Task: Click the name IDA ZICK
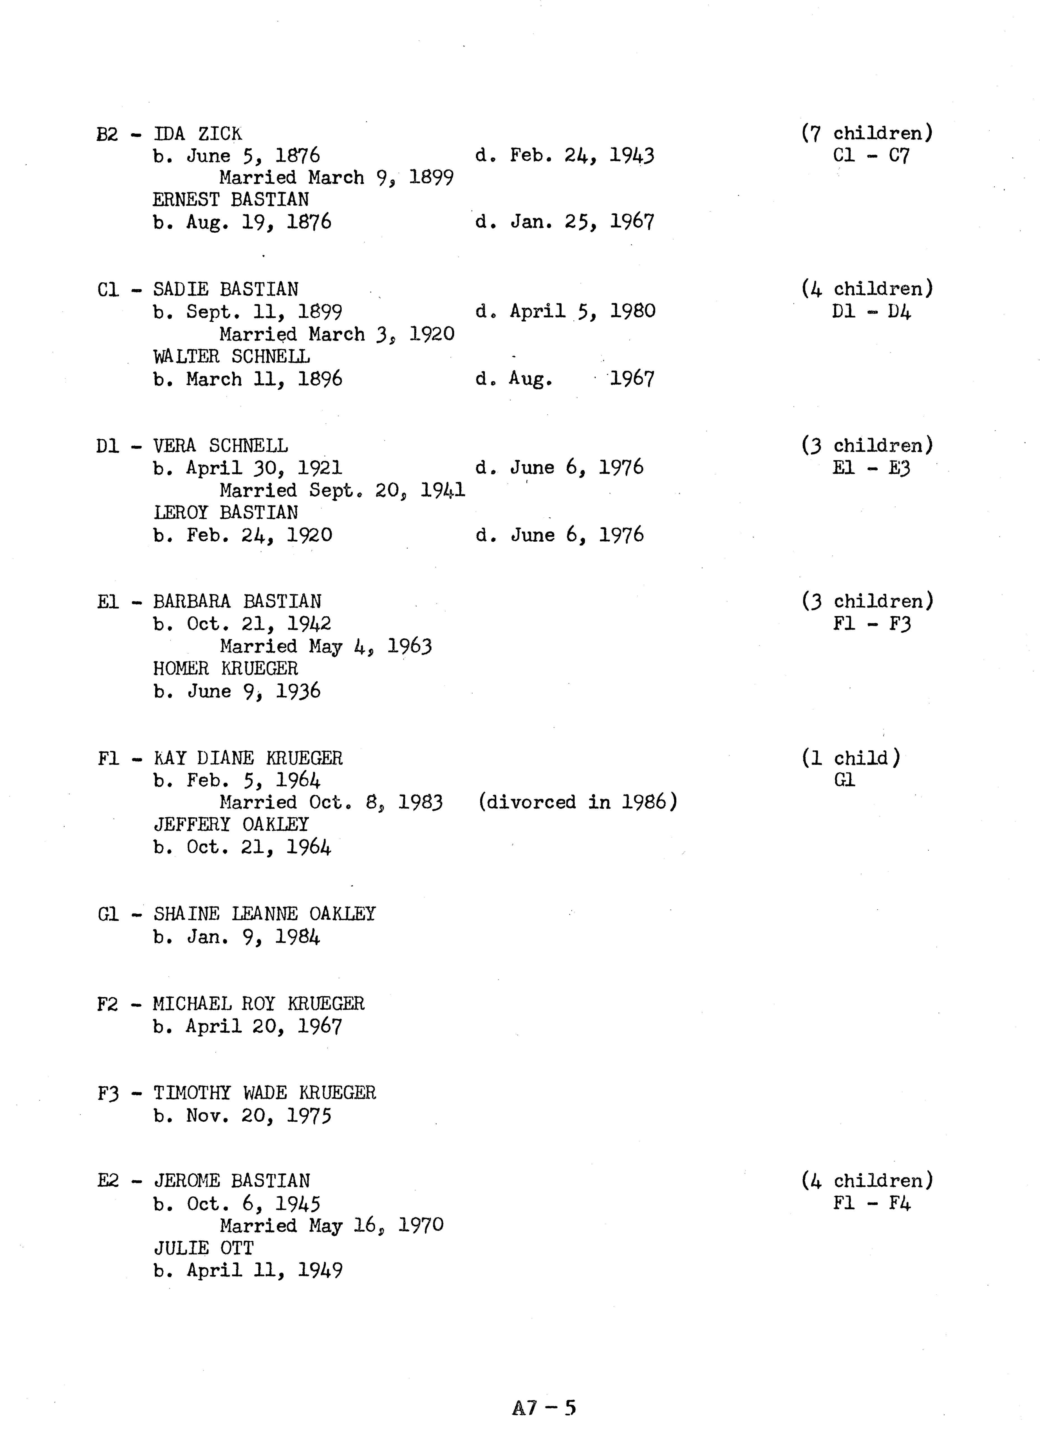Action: click(197, 134)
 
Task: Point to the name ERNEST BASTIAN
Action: click(231, 200)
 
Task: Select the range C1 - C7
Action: click(871, 156)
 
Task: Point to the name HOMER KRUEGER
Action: click(226, 668)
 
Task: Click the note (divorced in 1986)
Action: click(577, 802)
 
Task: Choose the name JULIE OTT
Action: click(204, 1248)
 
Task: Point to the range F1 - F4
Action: click(871, 1203)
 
